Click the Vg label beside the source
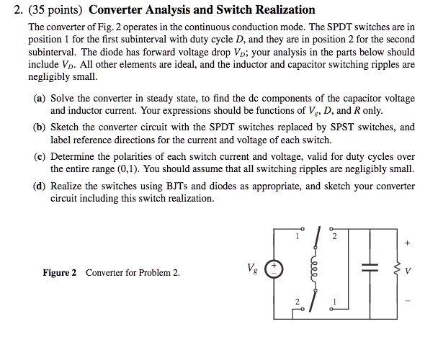[x=251, y=268]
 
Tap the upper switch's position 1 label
[x=296, y=235]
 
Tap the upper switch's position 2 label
[x=334, y=235]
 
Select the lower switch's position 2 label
[x=296, y=301]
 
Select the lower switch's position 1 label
[x=334, y=300]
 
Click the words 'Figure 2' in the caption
[x=59, y=273]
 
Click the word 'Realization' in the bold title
[x=282, y=10]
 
